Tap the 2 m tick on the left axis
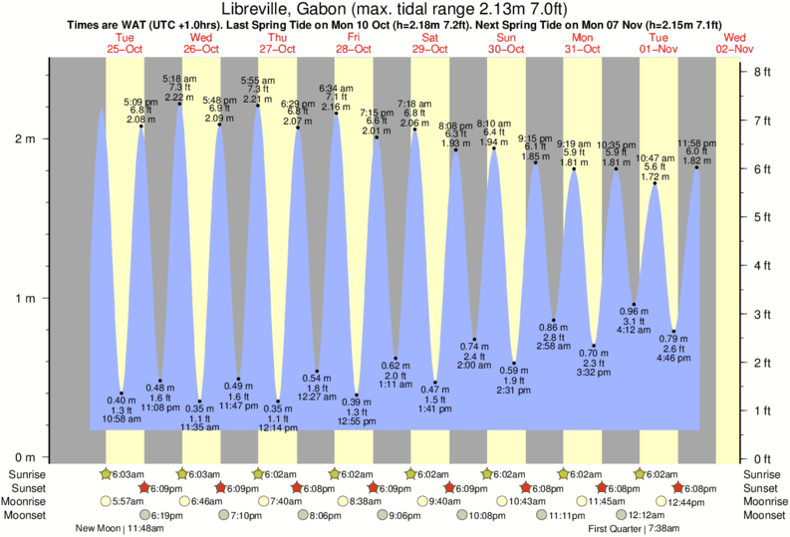coord(46,138)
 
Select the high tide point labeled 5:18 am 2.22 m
coord(179,104)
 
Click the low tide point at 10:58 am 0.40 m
coord(122,394)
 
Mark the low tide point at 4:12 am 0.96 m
coord(635,304)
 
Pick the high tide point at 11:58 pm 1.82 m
coord(695,167)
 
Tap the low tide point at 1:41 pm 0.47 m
coord(435,382)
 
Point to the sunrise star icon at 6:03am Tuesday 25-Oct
coord(108,474)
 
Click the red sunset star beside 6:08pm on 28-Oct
coord(297,488)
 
